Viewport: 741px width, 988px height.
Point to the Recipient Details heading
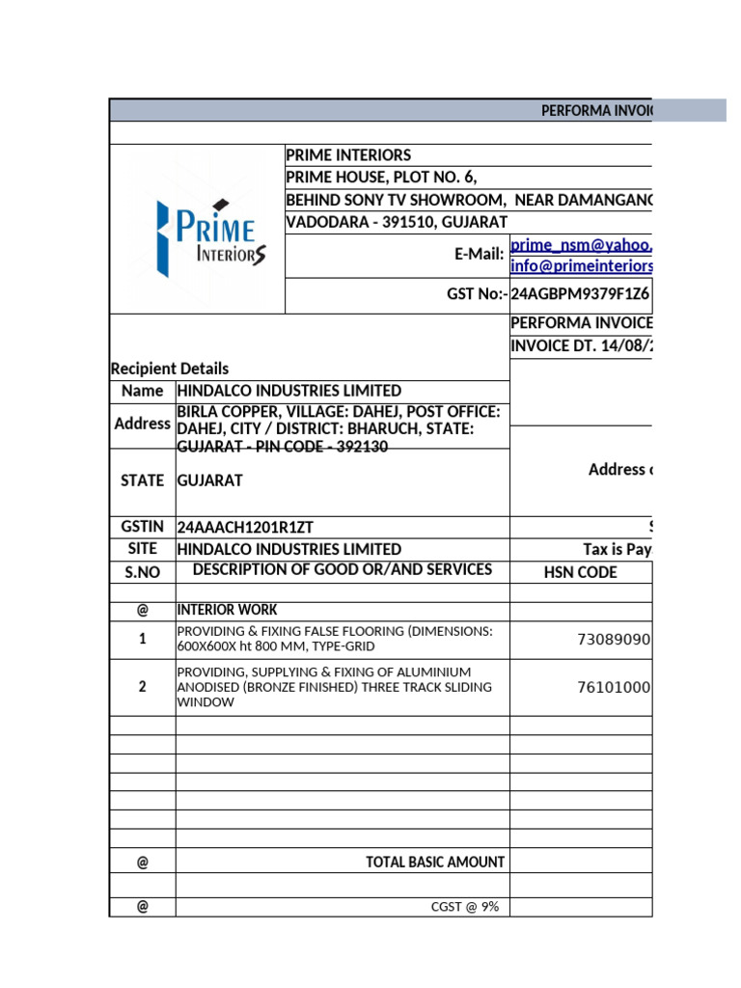tap(170, 369)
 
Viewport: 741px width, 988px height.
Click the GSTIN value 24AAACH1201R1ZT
tap(245, 527)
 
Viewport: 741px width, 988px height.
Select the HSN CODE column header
tap(581, 572)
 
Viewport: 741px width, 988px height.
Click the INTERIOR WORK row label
tap(227, 610)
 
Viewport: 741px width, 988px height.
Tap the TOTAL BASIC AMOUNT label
tap(435, 862)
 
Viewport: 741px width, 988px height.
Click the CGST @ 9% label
tap(464, 907)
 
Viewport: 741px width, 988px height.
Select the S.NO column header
tap(142, 571)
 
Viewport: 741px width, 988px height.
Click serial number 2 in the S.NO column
tap(142, 687)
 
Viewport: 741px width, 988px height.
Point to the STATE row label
tap(142, 480)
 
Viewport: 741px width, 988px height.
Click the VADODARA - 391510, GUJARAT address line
tap(397, 222)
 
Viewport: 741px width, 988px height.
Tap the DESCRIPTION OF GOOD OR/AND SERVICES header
tap(343, 569)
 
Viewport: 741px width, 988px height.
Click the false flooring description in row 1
tap(334, 639)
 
